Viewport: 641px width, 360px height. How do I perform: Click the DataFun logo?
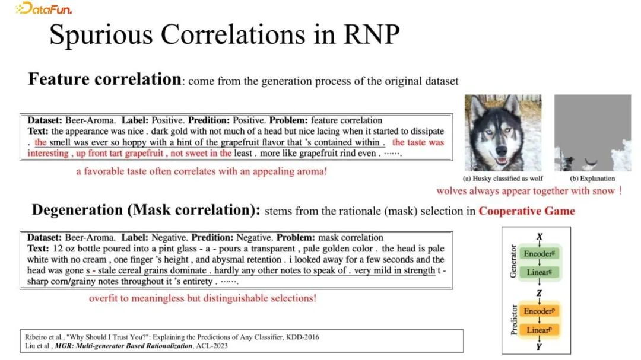pyautogui.click(x=44, y=8)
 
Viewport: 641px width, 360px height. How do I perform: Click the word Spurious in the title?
pyautogui.click(x=101, y=34)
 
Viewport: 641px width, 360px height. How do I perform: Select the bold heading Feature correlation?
pyautogui.click(x=104, y=79)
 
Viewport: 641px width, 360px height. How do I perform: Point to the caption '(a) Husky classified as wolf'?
pyautogui.click(x=503, y=178)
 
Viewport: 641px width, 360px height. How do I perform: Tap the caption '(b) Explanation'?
pyautogui.click(x=592, y=178)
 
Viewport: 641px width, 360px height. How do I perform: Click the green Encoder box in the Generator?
pyautogui.click(x=539, y=254)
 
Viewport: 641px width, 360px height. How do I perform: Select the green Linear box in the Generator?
pyautogui.click(x=539, y=272)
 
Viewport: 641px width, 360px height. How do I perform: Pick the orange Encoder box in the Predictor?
pyautogui.click(x=539, y=311)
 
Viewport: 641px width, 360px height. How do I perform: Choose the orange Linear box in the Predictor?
pyautogui.click(x=539, y=330)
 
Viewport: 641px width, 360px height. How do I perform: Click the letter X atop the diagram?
pyautogui.click(x=540, y=236)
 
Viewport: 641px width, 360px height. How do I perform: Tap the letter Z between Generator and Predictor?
pyautogui.click(x=539, y=293)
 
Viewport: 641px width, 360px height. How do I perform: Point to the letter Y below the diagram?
pyautogui.click(x=539, y=347)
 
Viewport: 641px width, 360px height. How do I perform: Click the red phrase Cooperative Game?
pyautogui.click(x=526, y=211)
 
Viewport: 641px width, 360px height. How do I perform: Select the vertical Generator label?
pyautogui.click(x=513, y=262)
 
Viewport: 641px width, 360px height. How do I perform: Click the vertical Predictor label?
pyautogui.click(x=513, y=320)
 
